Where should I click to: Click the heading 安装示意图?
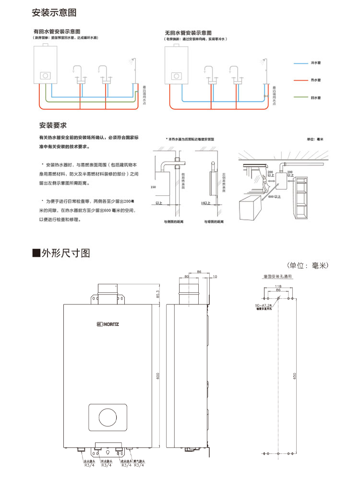53,12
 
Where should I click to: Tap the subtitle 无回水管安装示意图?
188,33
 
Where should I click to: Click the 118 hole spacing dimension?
278,286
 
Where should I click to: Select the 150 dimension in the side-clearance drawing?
153,187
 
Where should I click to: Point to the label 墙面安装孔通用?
278,277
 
